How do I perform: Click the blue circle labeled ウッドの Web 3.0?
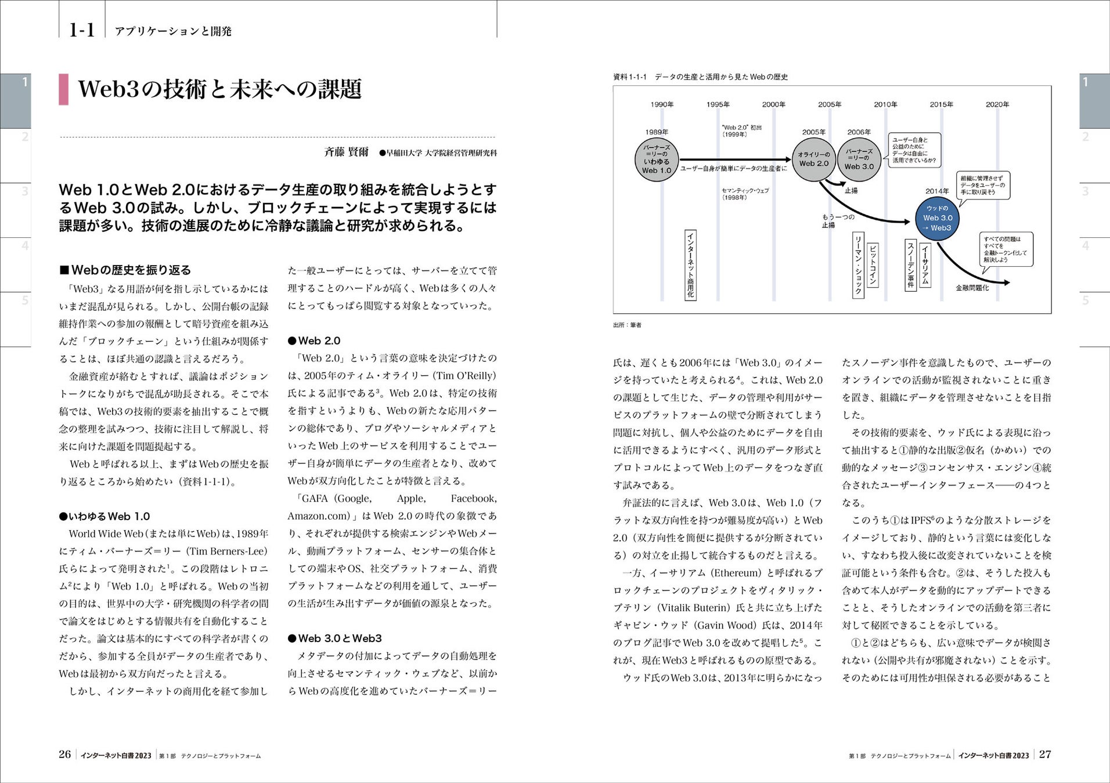click(x=937, y=218)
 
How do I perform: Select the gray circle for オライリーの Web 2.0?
click(x=813, y=159)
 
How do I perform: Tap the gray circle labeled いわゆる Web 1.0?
click(x=657, y=159)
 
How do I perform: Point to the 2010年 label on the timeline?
click(x=885, y=104)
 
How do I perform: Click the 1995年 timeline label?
click(x=718, y=104)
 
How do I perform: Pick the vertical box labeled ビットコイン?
click(x=872, y=265)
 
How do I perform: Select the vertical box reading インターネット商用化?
click(x=690, y=264)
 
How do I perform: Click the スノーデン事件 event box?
click(x=911, y=264)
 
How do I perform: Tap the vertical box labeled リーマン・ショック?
click(x=857, y=265)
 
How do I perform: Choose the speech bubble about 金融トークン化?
click(x=1006, y=249)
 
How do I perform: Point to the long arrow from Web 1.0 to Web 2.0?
click(x=735, y=159)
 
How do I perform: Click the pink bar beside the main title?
click(x=63, y=89)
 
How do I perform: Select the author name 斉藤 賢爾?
click(x=346, y=153)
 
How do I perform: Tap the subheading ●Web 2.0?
click(x=314, y=341)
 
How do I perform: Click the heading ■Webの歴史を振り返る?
click(x=125, y=270)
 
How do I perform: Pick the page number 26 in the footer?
click(x=64, y=755)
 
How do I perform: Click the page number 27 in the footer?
click(x=1044, y=755)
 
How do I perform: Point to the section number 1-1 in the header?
click(x=82, y=30)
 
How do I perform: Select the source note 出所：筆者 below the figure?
click(x=627, y=325)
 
